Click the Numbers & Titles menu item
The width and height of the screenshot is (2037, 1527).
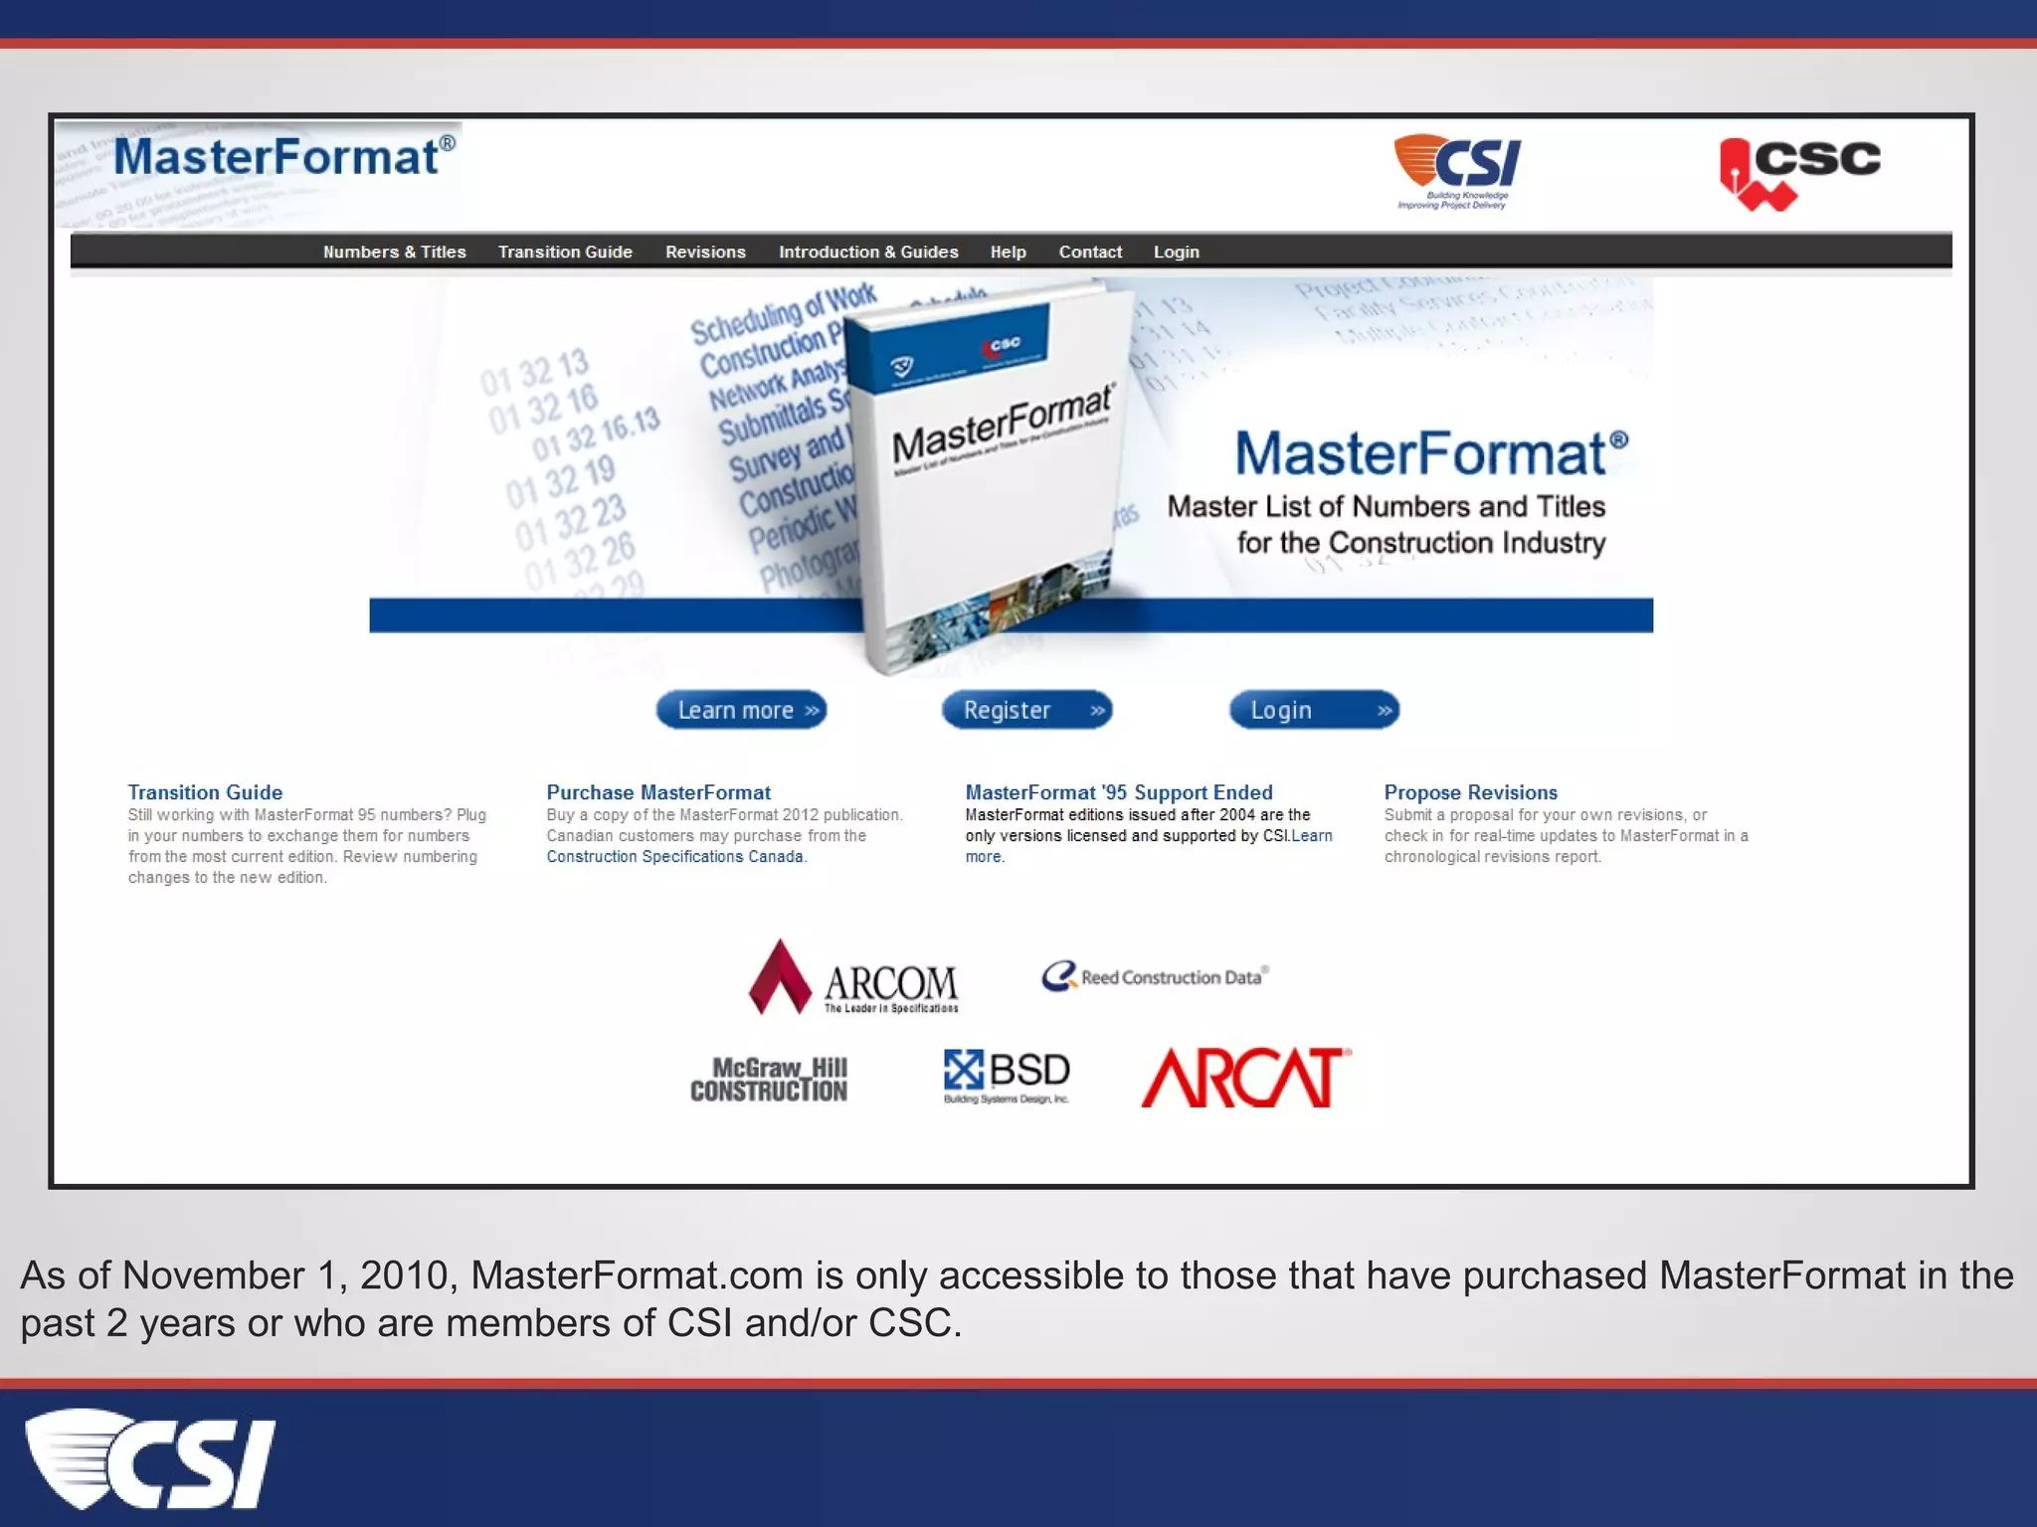click(x=394, y=253)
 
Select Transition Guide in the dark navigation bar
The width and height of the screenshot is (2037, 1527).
click(x=565, y=253)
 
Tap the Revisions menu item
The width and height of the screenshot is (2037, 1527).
click(x=705, y=253)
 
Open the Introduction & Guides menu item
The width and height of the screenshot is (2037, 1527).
click(x=868, y=253)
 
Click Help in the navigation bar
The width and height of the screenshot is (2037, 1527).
click(x=1008, y=253)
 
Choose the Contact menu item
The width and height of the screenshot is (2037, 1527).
click(x=1090, y=253)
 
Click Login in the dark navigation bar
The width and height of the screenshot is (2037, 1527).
click(x=1177, y=253)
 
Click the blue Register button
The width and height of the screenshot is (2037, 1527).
click(x=1026, y=710)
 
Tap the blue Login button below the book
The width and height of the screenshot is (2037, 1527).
click(x=1314, y=710)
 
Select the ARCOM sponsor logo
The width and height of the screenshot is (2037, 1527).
click(x=853, y=978)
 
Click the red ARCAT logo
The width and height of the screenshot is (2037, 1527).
click(x=1245, y=1078)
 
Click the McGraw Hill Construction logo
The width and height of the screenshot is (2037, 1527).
click(x=769, y=1080)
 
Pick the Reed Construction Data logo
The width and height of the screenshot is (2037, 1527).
click(x=1155, y=976)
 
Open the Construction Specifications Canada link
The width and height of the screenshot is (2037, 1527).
click(x=674, y=857)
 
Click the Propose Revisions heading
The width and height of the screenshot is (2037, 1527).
click(x=1470, y=792)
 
